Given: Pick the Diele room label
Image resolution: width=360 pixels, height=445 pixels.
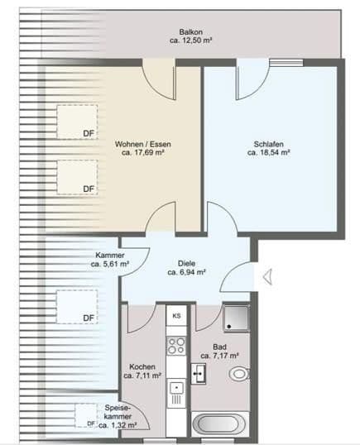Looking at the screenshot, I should pyautogui.click(x=186, y=261).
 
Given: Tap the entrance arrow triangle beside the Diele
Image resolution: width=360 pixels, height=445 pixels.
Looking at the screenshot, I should pyautogui.click(x=267, y=278).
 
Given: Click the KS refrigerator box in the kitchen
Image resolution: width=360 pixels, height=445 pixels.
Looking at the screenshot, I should pyautogui.click(x=176, y=316).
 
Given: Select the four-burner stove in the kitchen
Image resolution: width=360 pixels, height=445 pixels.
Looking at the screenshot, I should pyautogui.click(x=176, y=345).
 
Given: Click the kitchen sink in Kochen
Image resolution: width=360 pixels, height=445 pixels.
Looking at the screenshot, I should pyautogui.click(x=176, y=387).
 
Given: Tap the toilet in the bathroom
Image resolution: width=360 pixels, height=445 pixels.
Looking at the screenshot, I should pyautogui.click(x=239, y=373).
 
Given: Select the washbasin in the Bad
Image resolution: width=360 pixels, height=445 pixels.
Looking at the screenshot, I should pyautogui.click(x=199, y=373).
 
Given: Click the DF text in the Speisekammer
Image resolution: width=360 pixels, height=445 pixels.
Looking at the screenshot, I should pyautogui.click(x=92, y=424).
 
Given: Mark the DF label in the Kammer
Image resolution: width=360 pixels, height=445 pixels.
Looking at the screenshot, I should pyautogui.click(x=89, y=318).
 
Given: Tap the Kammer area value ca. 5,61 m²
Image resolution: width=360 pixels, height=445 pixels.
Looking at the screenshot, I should pyautogui.click(x=110, y=265).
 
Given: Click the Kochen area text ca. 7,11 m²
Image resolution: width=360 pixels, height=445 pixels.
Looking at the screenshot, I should pyautogui.click(x=142, y=376).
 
